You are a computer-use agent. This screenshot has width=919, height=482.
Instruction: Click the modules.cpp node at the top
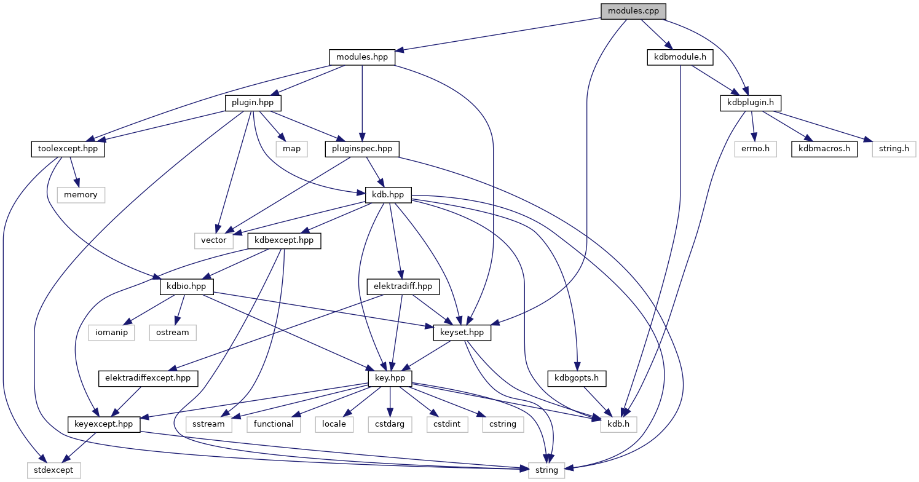coord(633,10)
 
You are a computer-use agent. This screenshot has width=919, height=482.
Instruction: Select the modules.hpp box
coord(362,57)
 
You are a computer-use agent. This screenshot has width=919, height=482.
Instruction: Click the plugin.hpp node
coord(253,103)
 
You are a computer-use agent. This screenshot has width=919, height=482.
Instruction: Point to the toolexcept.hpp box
coord(68,149)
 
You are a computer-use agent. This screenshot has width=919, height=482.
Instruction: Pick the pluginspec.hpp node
coord(362,149)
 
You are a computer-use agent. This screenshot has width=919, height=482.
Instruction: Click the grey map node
coord(291,149)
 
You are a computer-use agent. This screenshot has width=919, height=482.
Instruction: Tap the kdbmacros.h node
coord(823,149)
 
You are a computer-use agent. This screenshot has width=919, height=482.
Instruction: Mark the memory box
coord(81,194)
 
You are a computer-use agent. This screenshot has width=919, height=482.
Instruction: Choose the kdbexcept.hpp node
coord(285,240)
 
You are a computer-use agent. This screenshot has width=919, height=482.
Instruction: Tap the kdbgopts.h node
coord(577,378)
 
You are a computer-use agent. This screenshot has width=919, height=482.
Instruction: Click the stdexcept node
coord(54,470)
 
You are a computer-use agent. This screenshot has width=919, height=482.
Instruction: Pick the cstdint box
coord(445,424)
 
